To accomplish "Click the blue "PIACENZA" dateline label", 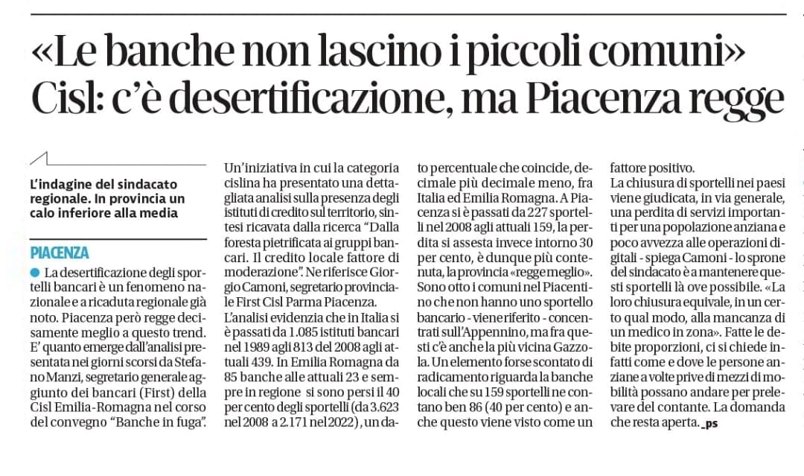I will (60, 253).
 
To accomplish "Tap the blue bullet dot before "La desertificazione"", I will (35, 273).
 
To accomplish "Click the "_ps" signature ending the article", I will (712, 424).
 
